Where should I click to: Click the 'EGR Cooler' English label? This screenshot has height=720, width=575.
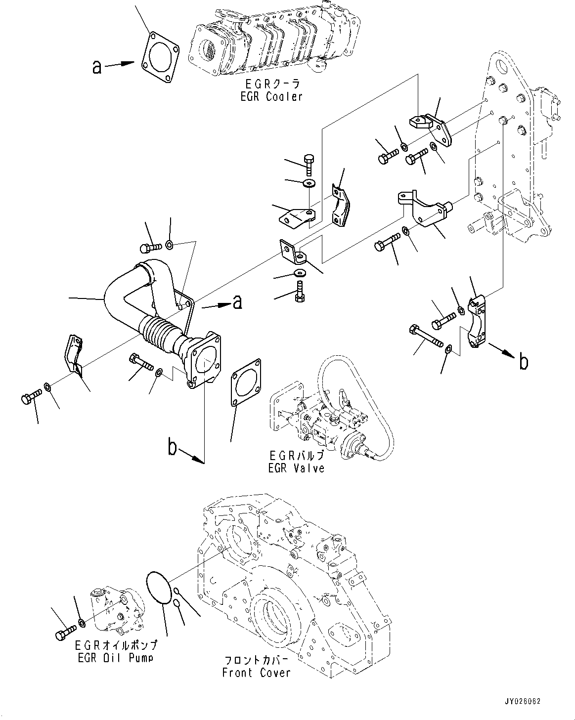tap(271, 97)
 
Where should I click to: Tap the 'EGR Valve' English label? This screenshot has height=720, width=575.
tap(296, 468)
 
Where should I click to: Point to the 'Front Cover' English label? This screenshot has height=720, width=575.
tap(256, 673)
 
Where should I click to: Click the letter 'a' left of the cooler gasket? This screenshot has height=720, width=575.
tap(97, 66)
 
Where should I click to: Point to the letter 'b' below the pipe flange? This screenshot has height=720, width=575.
tap(172, 448)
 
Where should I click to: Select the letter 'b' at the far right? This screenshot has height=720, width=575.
tap(524, 362)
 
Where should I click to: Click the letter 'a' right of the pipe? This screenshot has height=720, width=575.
tap(237, 302)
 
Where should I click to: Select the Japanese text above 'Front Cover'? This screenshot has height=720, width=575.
tap(256, 661)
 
